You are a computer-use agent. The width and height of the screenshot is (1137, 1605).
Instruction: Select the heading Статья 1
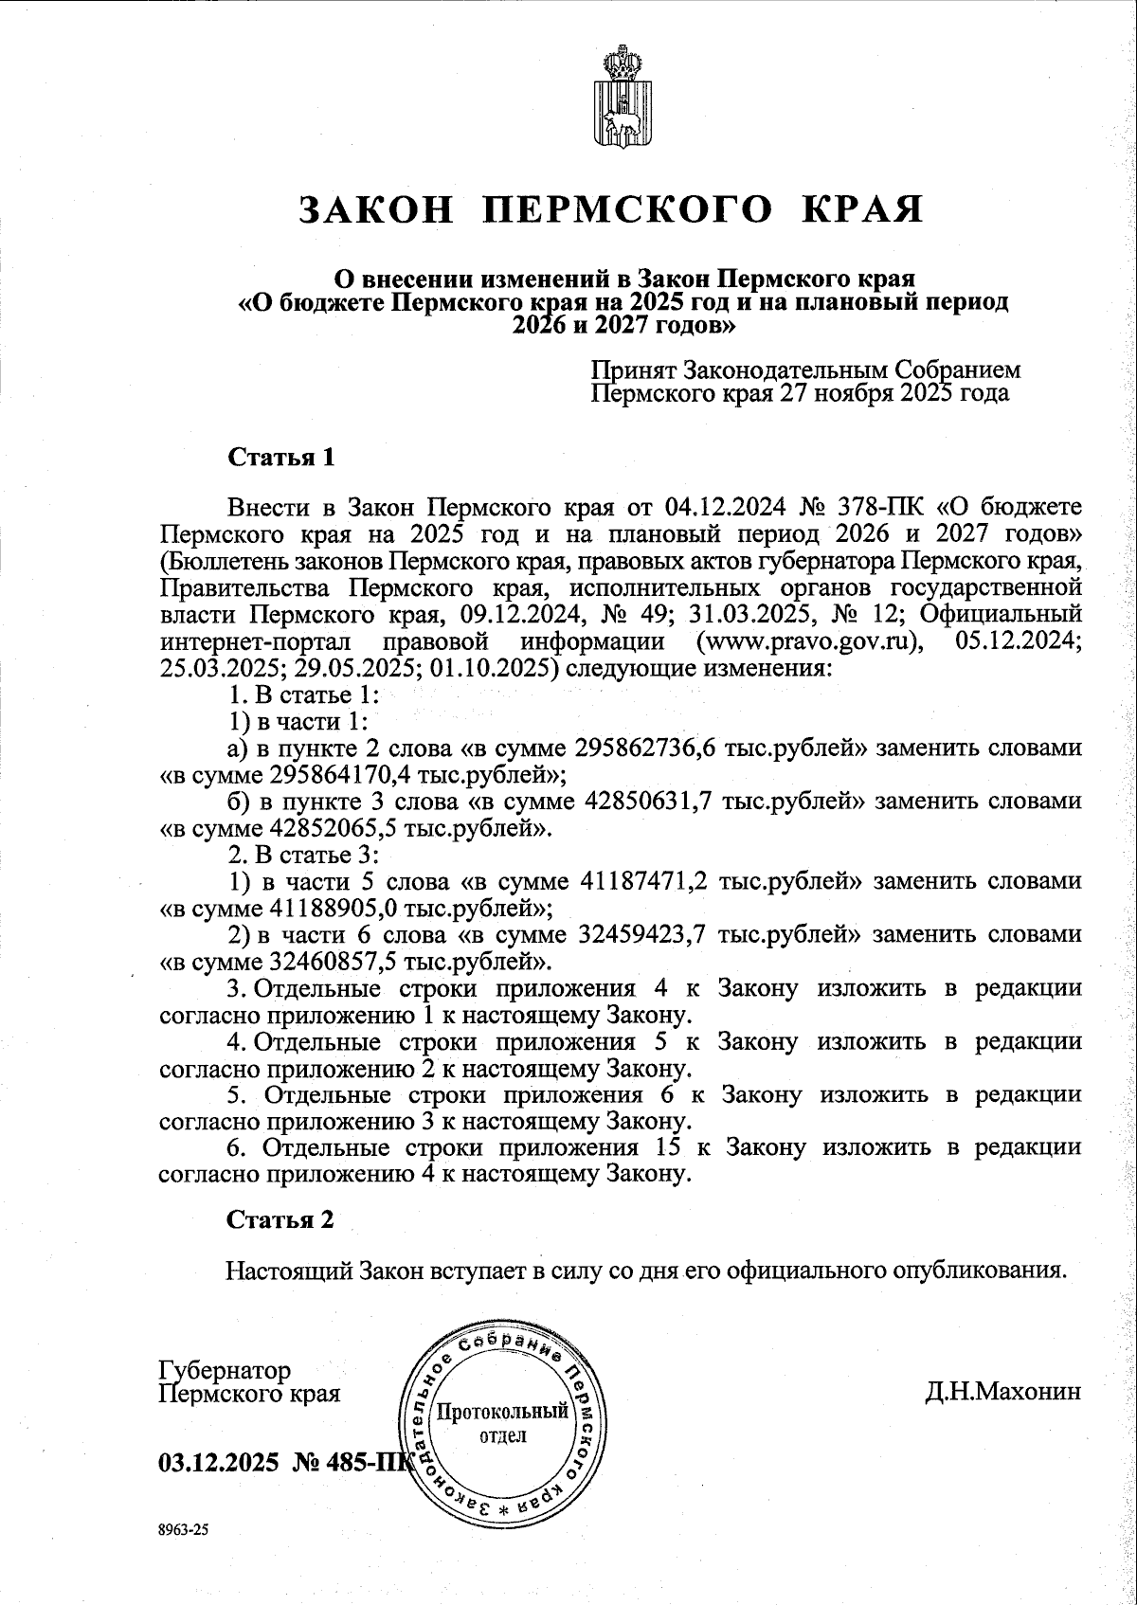[280, 458]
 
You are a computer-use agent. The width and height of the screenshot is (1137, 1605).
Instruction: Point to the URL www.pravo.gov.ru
[809, 642]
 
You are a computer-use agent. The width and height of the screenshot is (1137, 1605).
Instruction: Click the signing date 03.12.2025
[219, 1462]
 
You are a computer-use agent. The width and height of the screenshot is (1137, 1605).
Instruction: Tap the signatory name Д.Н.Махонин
[1002, 1393]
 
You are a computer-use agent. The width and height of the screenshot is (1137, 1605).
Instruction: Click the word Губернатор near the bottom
[225, 1371]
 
